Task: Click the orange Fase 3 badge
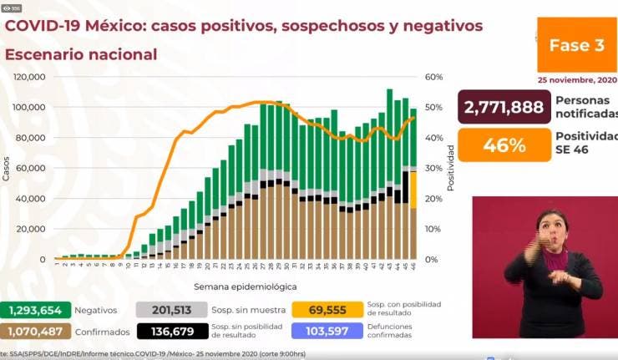(x=576, y=46)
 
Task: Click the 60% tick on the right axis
(x=433, y=77)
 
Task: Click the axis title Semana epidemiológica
(x=234, y=286)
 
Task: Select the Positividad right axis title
(x=451, y=167)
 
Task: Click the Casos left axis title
(x=7, y=168)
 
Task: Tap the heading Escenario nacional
(x=81, y=55)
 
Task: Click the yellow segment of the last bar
(x=413, y=190)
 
